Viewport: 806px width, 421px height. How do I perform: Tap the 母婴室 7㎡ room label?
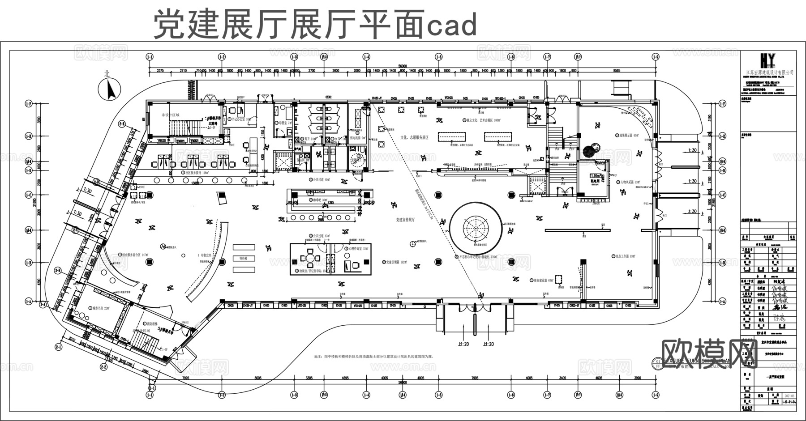click(x=283, y=123)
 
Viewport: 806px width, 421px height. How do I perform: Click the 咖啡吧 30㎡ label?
click(x=319, y=200)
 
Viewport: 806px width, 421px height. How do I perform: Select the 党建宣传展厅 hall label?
click(x=405, y=220)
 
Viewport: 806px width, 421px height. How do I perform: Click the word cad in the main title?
click(x=451, y=26)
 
